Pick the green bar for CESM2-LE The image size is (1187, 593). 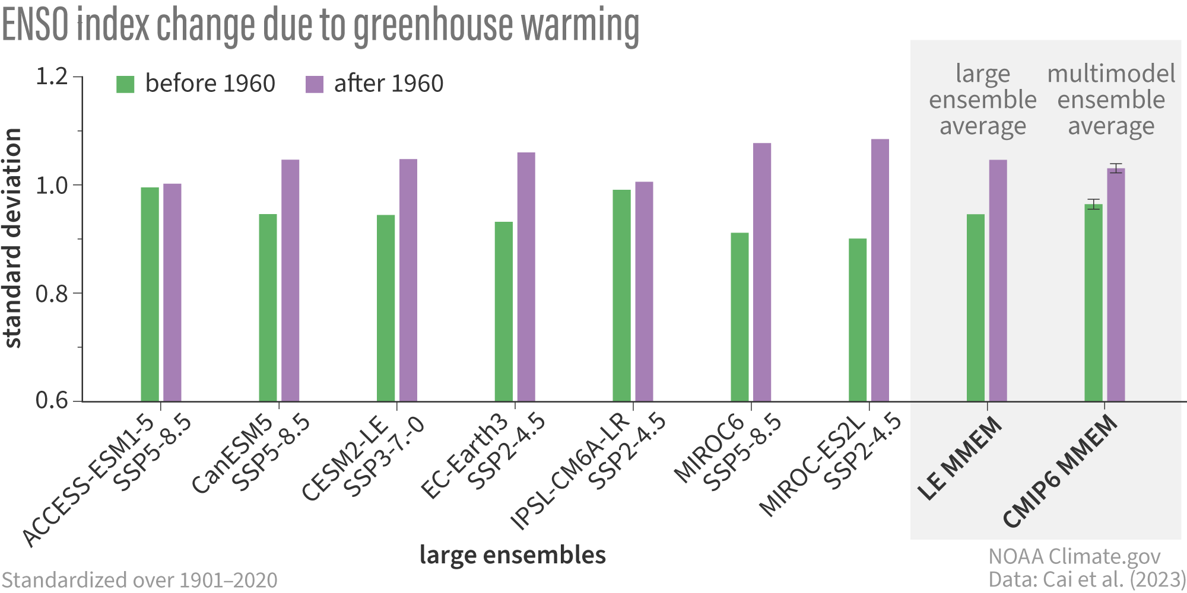coord(386,308)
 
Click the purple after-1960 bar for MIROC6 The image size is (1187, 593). coord(762,272)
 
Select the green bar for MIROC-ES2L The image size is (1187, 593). coord(858,320)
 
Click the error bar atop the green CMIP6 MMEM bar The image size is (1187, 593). coord(1093,204)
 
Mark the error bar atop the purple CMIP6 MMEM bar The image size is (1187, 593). coord(1116,168)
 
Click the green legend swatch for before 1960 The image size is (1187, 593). coord(125,84)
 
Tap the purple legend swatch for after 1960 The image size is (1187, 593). coord(315,84)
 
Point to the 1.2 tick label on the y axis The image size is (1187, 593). coord(52,76)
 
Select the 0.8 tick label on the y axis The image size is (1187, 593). coord(52,294)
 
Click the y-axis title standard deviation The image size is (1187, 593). coord(13,237)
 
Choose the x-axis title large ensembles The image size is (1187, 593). coord(513,555)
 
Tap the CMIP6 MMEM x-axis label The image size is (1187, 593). coord(1060,471)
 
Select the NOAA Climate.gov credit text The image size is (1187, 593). coord(1074,556)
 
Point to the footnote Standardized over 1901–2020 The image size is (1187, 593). coord(139,580)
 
